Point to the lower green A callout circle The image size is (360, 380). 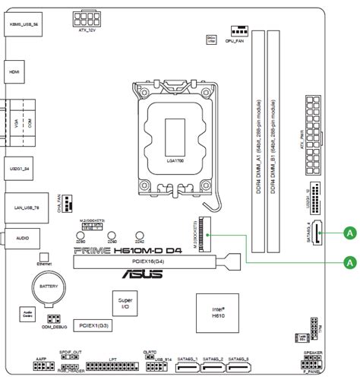(349, 261)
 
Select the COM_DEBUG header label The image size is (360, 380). (52, 327)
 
